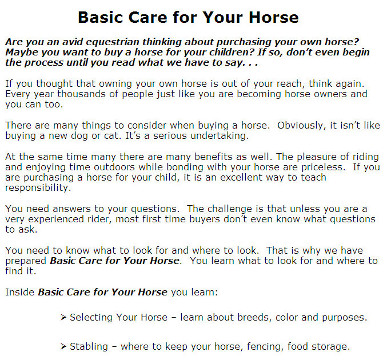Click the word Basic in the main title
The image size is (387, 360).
click(101, 17)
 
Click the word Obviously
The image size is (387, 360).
click(300, 126)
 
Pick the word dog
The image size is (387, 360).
click(79, 136)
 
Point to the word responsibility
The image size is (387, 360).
click(38, 188)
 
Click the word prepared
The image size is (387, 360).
click(26, 261)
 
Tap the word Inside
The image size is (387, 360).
click(20, 292)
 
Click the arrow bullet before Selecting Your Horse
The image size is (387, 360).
click(63, 317)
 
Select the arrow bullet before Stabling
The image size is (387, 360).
click(63, 347)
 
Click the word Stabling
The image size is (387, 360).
click(89, 347)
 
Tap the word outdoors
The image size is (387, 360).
click(114, 167)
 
